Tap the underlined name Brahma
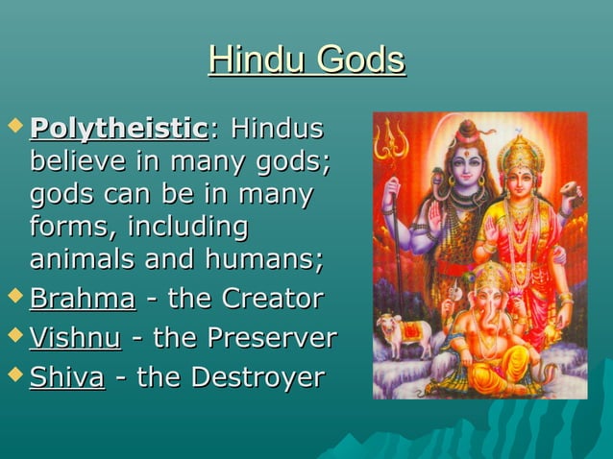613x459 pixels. [83, 299]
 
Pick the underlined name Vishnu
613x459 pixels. [75, 338]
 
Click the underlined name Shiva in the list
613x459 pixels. [66, 377]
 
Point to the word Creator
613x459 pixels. [273, 299]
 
